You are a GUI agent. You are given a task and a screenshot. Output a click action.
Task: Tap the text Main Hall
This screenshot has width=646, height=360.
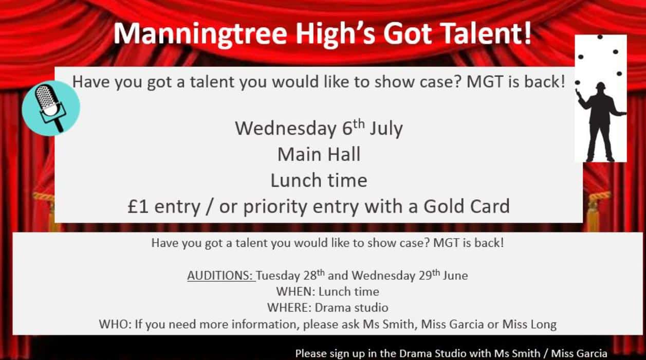point(319,154)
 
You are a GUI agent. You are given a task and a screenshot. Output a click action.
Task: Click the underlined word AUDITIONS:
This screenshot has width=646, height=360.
point(220,275)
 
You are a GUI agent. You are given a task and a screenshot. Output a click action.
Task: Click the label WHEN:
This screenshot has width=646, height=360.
point(296,292)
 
